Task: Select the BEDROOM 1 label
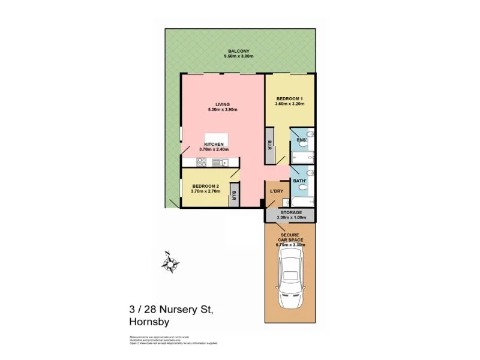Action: [290, 98]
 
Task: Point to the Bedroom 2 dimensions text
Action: [206, 191]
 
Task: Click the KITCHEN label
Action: [214, 145]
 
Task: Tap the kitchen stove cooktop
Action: [200, 162]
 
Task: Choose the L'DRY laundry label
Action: [277, 191]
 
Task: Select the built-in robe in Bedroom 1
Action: [270, 147]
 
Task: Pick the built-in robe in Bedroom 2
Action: [234, 196]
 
